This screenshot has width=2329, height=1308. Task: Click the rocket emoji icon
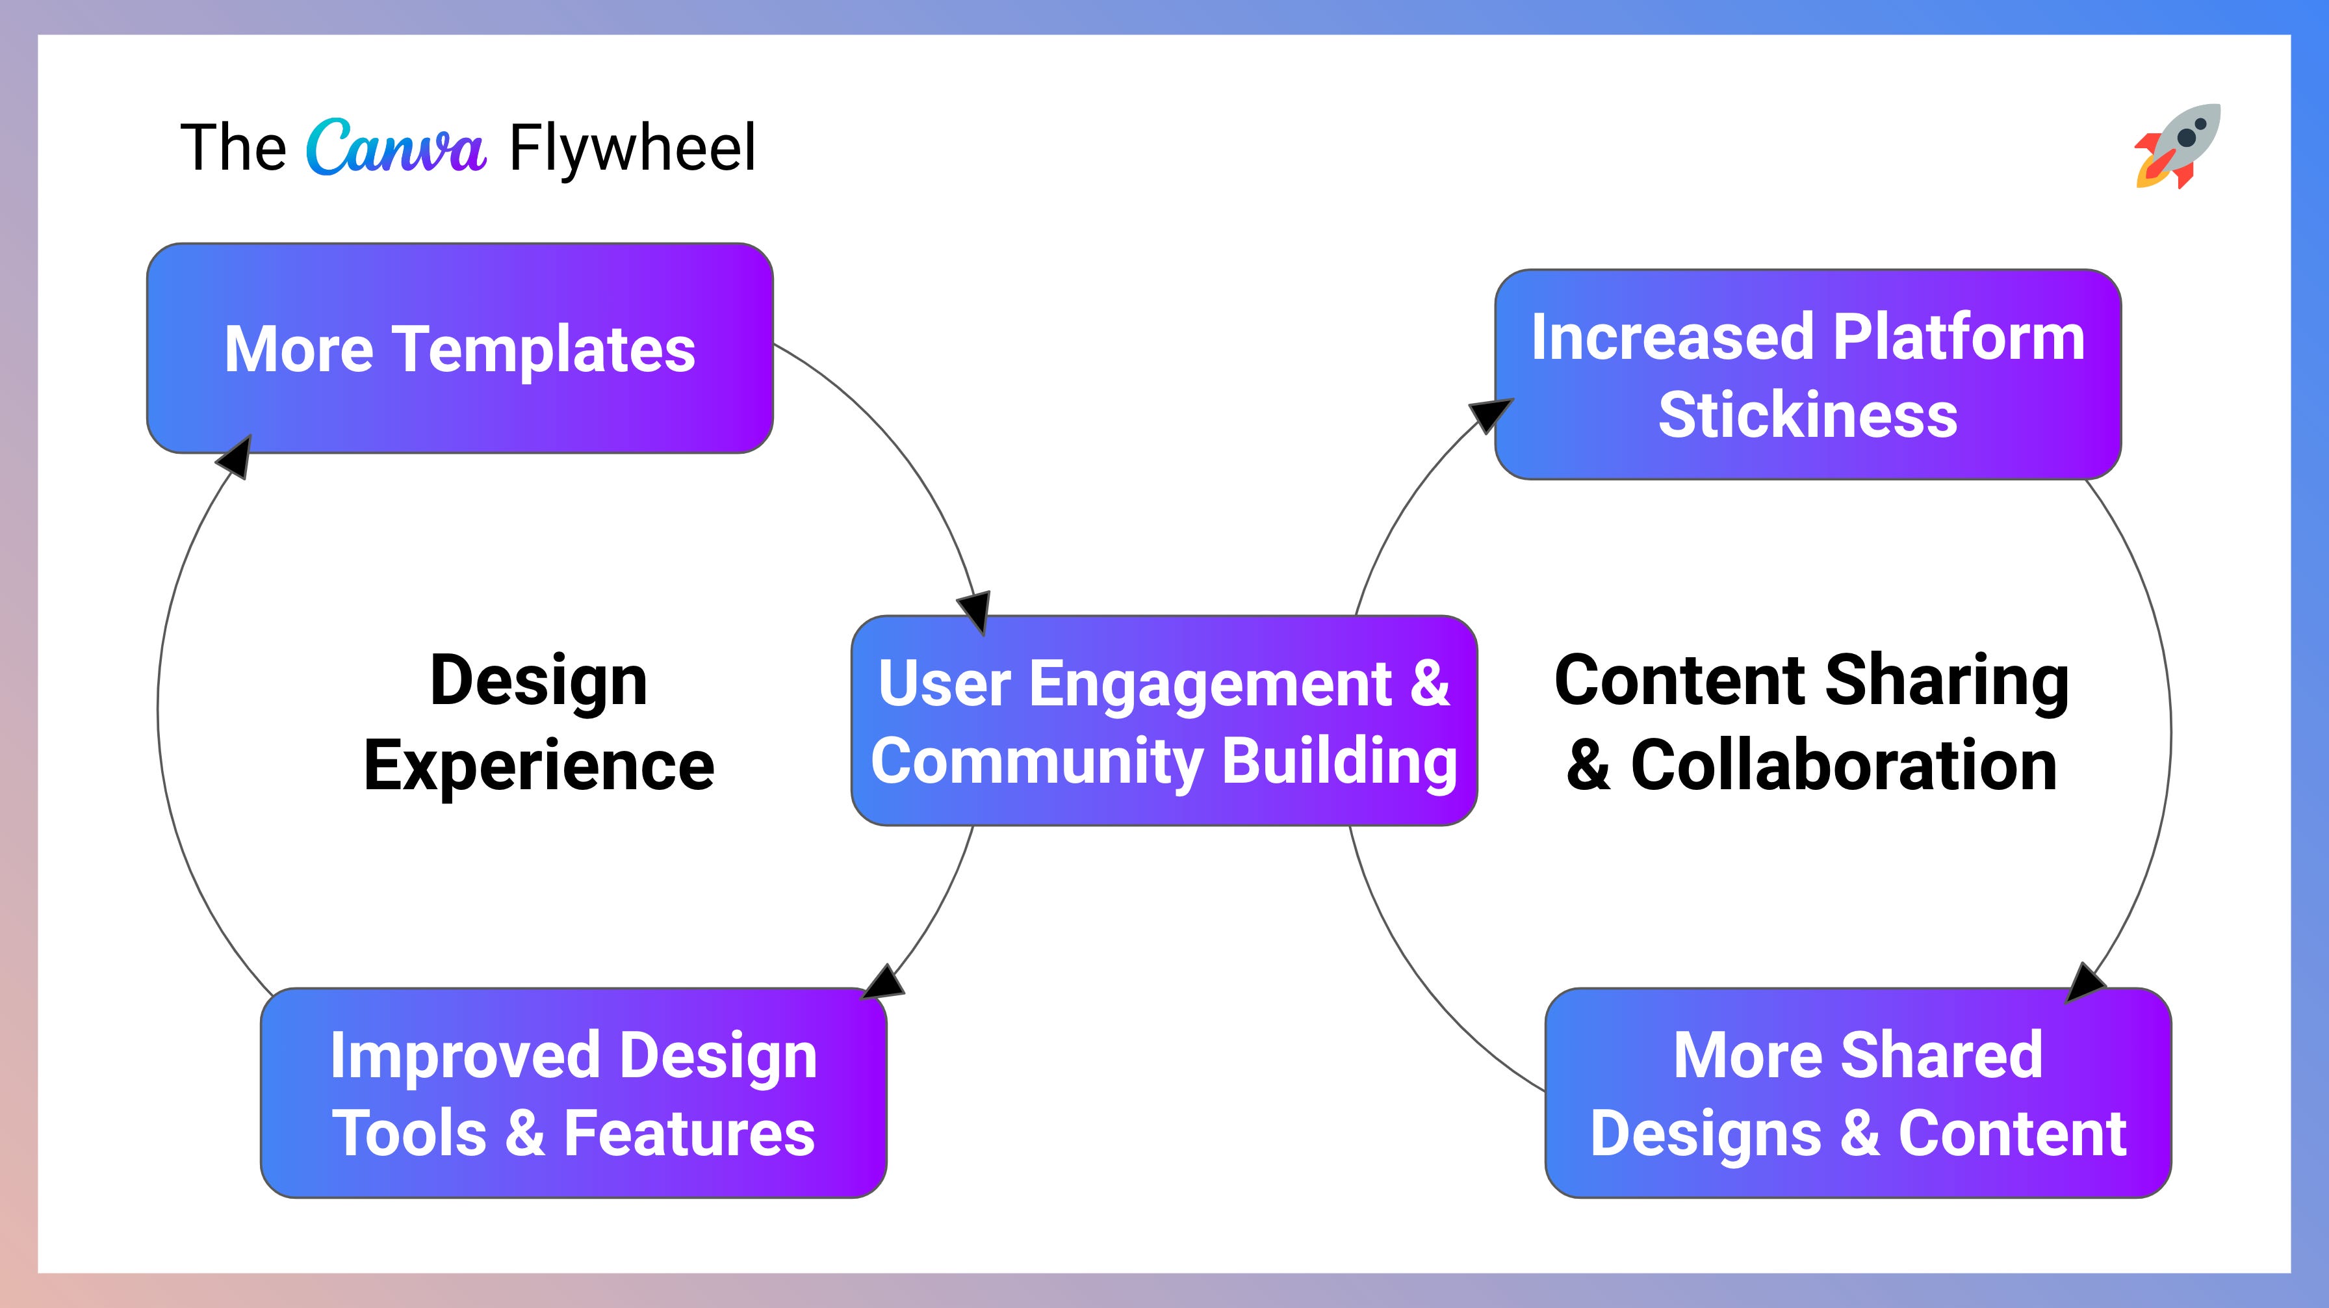pyautogui.click(x=2177, y=146)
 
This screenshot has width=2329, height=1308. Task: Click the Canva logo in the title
pyautogui.click(x=396, y=148)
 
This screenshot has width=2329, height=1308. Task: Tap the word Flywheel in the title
pyautogui.click(x=632, y=148)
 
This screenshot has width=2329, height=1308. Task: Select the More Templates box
pyautogui.click(x=459, y=348)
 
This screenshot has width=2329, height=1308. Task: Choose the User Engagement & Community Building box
pyautogui.click(x=1164, y=721)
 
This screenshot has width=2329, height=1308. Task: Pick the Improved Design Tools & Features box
pyautogui.click(x=573, y=1093)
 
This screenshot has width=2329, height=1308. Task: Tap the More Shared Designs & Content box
pyautogui.click(x=1858, y=1093)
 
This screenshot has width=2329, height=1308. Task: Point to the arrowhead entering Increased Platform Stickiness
pyautogui.click(x=1489, y=414)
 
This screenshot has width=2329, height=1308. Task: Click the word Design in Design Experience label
pyautogui.click(x=539, y=680)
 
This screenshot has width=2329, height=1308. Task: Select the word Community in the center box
pyautogui.click(x=1036, y=761)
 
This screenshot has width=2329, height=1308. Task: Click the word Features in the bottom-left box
pyautogui.click(x=689, y=1133)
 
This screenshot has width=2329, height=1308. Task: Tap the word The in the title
pyautogui.click(x=233, y=148)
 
